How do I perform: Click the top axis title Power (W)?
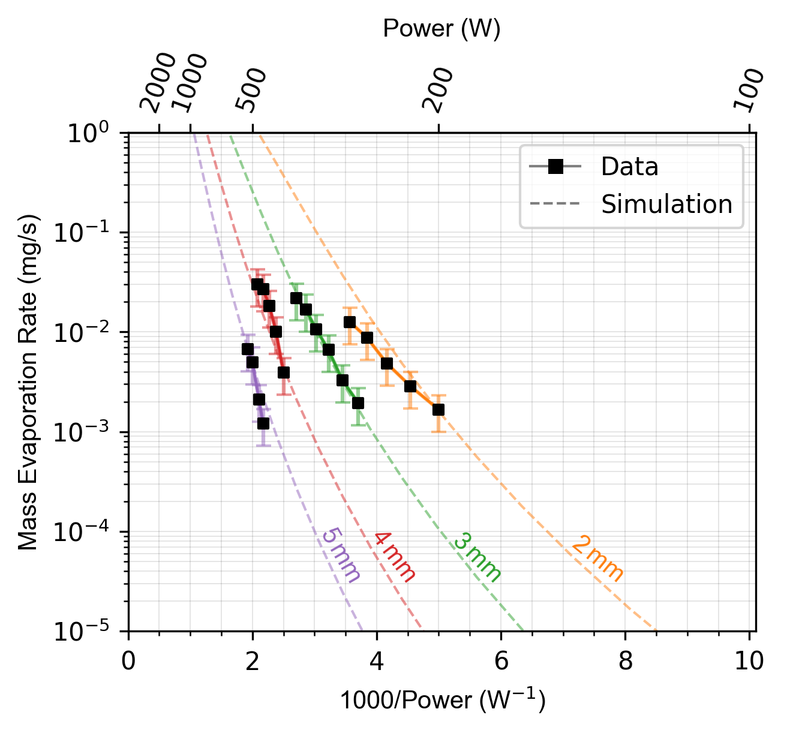[441, 29]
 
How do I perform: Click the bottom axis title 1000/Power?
[442, 701]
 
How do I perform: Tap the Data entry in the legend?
[629, 167]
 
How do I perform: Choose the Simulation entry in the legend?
[666, 205]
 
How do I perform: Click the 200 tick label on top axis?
[437, 89]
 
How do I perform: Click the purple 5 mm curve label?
[341, 555]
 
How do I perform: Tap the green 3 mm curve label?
[477, 558]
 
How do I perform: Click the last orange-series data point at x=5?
[438, 410]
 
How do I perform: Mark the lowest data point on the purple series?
[263, 423]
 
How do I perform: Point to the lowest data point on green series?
[358, 403]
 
